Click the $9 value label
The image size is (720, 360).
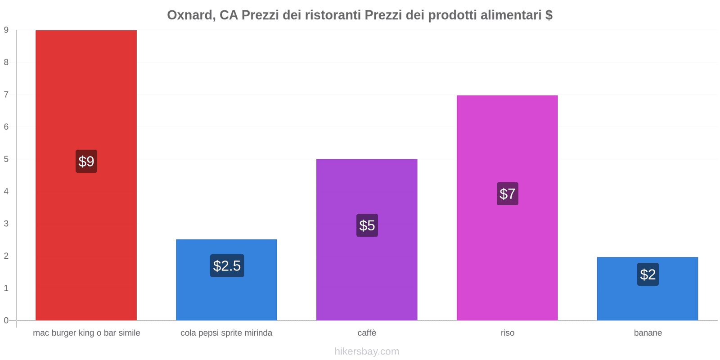click(x=86, y=161)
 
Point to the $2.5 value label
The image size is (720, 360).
click(x=227, y=265)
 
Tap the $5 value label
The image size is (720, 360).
click(x=367, y=225)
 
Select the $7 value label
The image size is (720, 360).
click(x=508, y=193)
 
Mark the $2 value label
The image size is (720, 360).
click(x=648, y=274)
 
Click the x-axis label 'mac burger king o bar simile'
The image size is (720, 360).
click(x=86, y=333)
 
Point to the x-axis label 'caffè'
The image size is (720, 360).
click(x=367, y=333)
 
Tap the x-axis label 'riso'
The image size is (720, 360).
click(x=508, y=333)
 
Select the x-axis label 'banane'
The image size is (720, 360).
click(x=648, y=333)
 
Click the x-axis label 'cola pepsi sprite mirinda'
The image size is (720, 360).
click(x=226, y=333)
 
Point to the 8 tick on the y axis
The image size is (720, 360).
click(x=6, y=62)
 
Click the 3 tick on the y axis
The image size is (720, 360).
click(x=6, y=224)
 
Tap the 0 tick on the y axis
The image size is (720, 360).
click(x=6, y=320)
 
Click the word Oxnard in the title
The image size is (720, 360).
click(x=189, y=15)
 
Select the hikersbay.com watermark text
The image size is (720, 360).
click(x=367, y=351)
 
